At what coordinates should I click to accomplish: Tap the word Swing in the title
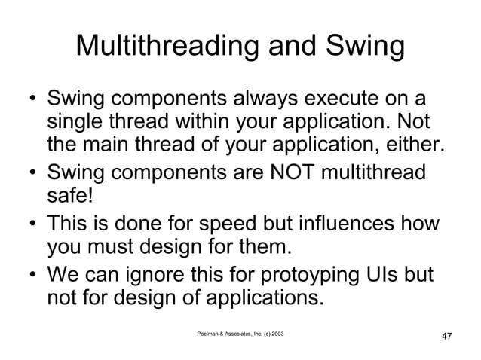tap(366, 48)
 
